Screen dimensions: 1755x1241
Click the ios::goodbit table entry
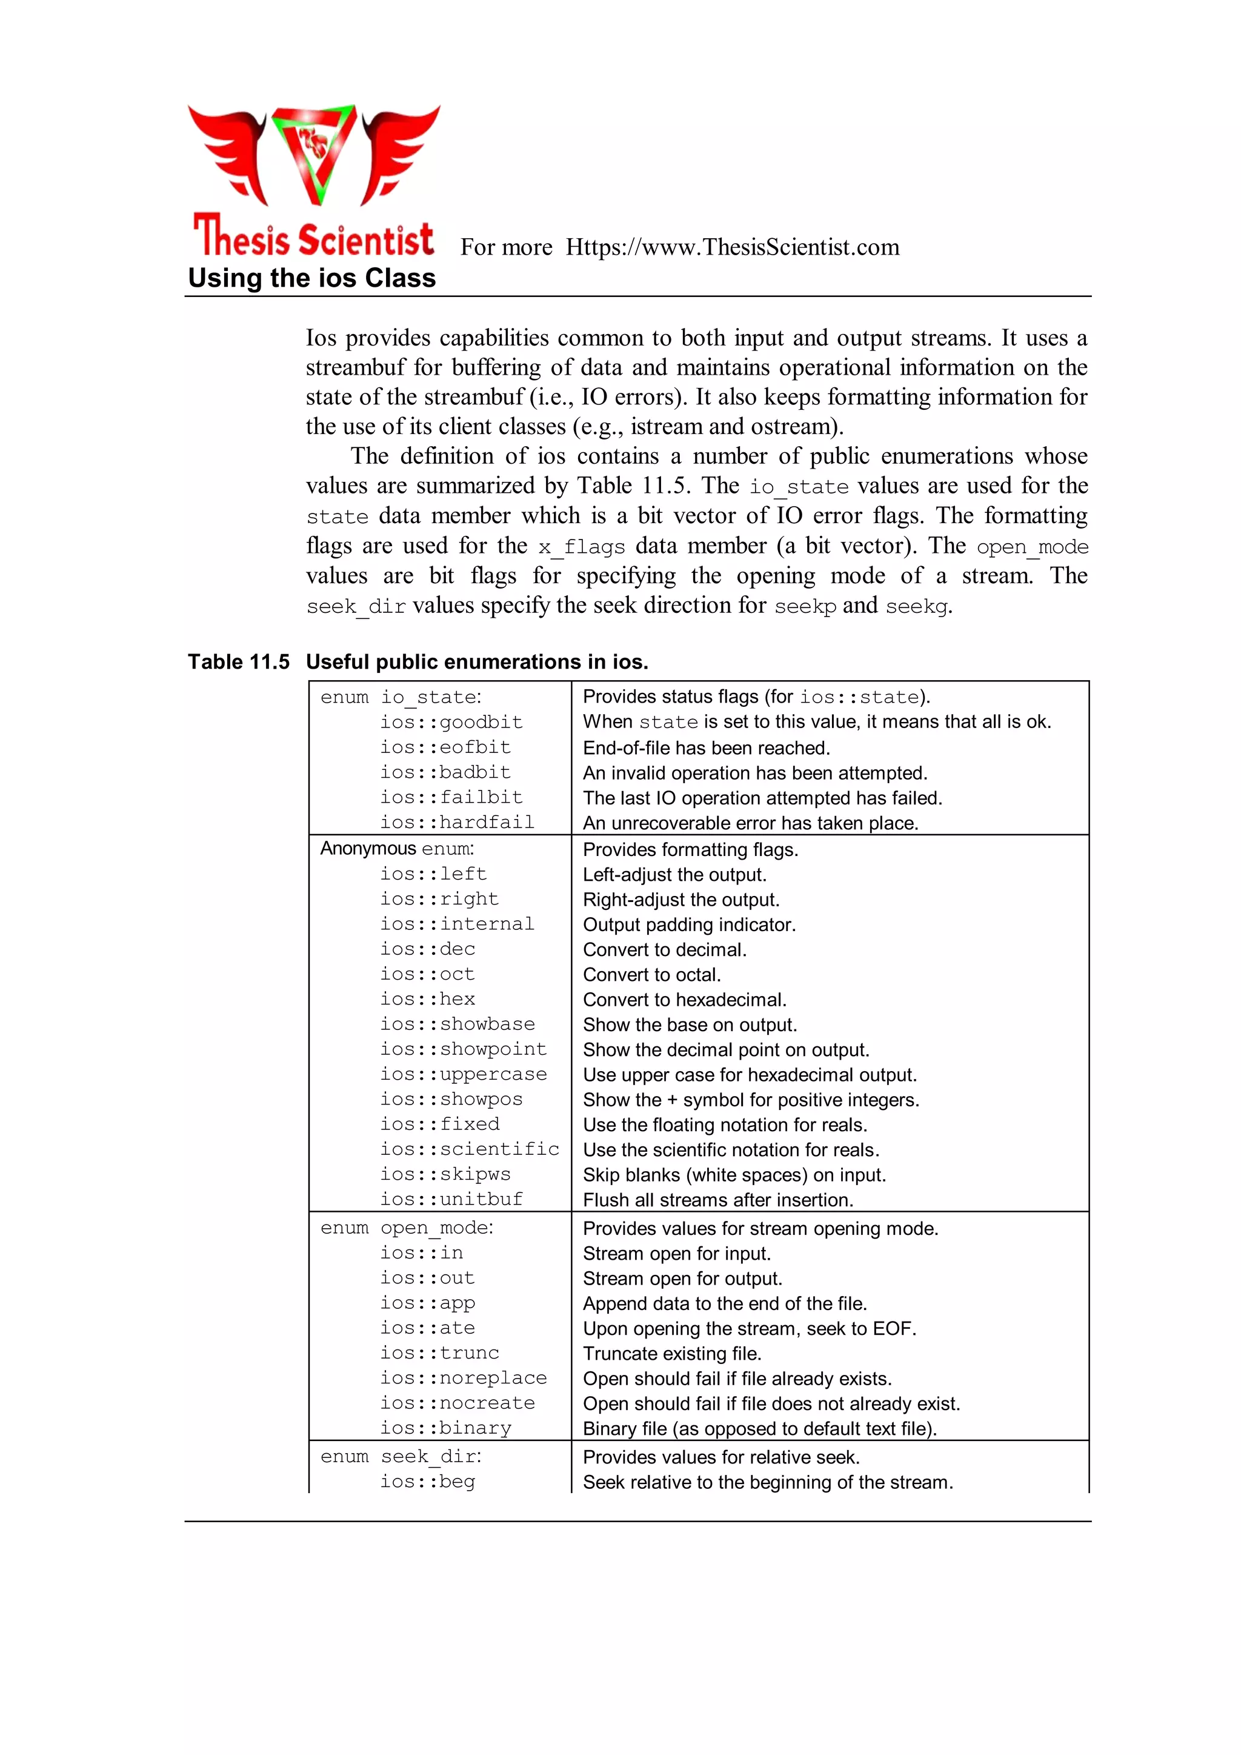pyautogui.click(x=451, y=723)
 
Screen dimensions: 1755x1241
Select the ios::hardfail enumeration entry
pyautogui.click(x=457, y=823)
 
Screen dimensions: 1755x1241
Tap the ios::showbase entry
pyautogui.click(x=457, y=1025)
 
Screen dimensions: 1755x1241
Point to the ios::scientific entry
pyautogui.click(x=469, y=1149)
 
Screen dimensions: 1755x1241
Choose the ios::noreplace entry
pyautogui.click(x=463, y=1378)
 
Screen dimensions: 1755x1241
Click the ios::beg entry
pyautogui.click(x=427, y=1482)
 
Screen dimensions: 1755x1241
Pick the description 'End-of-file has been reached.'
pyautogui.click(x=706, y=747)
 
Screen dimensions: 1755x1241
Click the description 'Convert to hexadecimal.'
pyautogui.click(x=684, y=1000)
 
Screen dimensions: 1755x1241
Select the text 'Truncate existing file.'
pyautogui.click(x=671, y=1354)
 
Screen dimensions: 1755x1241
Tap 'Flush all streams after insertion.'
pyautogui.click(x=717, y=1200)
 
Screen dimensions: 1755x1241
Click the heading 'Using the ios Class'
pyautogui.click(x=312, y=278)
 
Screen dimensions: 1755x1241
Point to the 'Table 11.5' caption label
pyautogui.click(x=238, y=662)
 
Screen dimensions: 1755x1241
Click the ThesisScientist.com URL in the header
pyautogui.click(x=732, y=248)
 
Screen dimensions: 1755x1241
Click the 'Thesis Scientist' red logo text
pyautogui.click(x=313, y=238)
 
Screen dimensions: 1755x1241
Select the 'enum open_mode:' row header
pyautogui.click(x=407, y=1228)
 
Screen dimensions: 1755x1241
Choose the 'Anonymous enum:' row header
pyautogui.click(x=397, y=849)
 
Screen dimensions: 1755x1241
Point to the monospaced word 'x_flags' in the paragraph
pyautogui.click(x=581, y=547)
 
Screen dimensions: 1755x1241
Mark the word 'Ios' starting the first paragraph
pyautogui.click(x=321, y=338)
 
